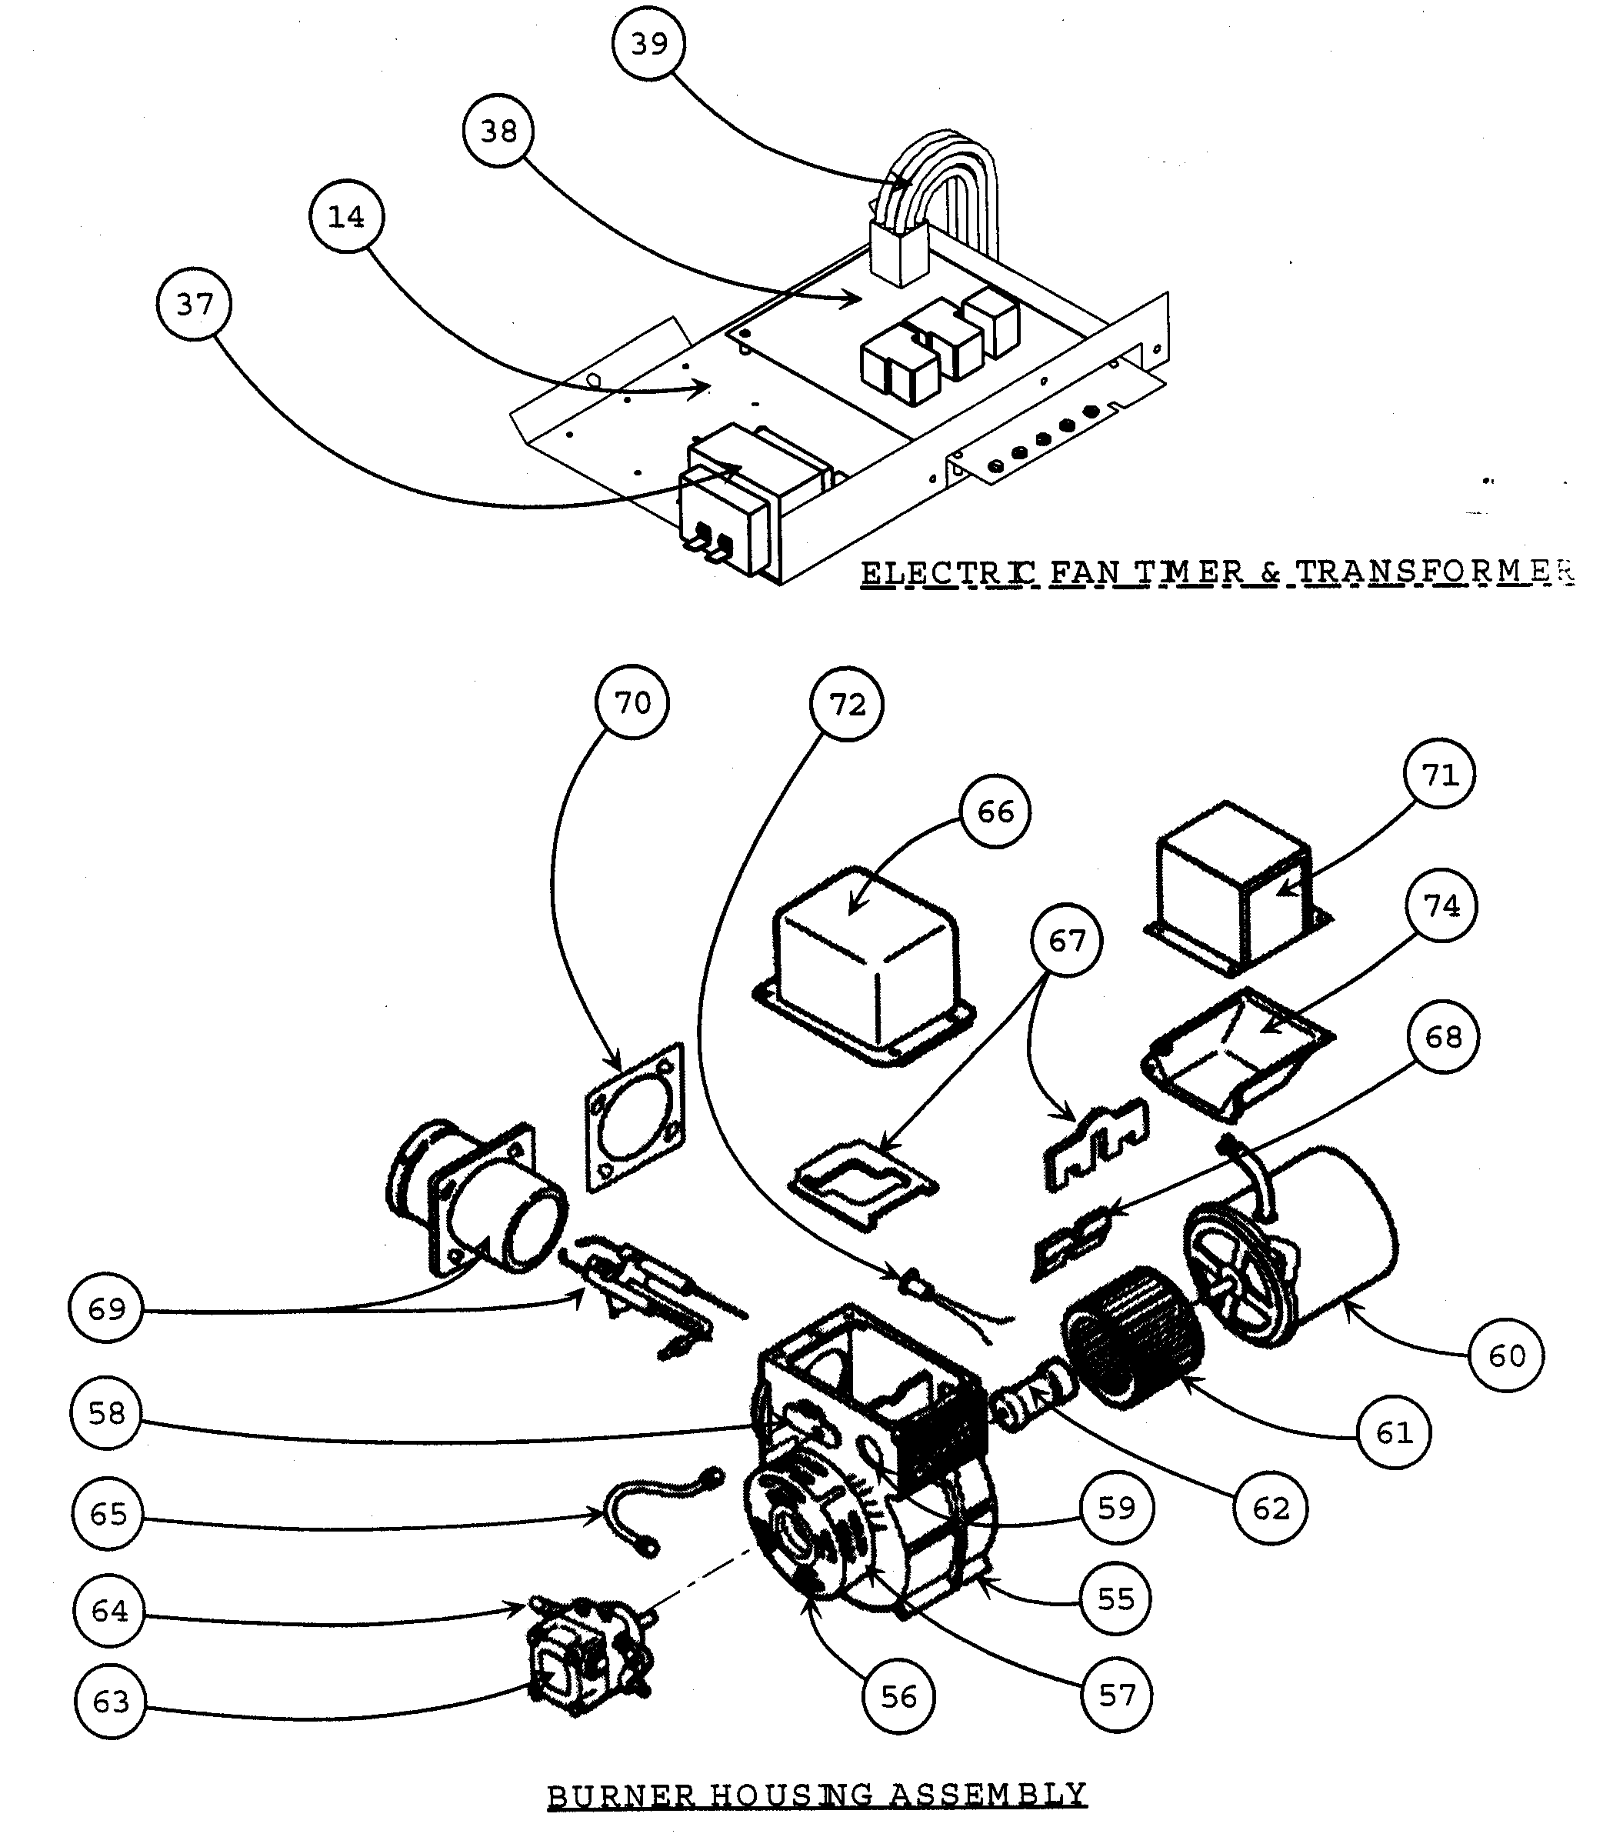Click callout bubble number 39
point(649,44)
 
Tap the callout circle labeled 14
point(346,217)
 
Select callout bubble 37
point(194,304)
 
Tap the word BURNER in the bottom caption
point(620,1795)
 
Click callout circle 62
point(1271,1508)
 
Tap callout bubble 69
point(106,1309)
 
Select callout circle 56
point(898,1697)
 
